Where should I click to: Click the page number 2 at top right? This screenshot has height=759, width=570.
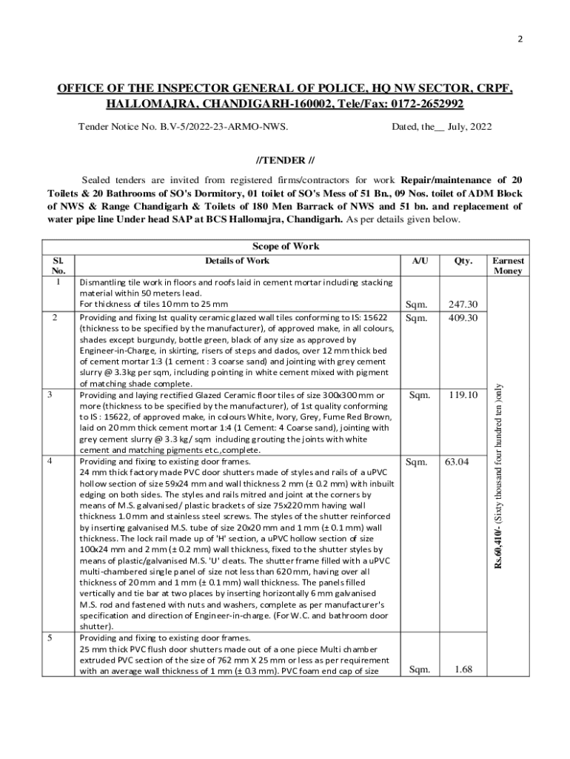coord(520,39)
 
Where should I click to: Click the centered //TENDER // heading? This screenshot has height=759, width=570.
coord(285,160)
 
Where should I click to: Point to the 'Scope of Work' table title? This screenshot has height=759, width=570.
coord(286,247)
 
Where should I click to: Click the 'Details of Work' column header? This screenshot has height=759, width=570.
coord(238,261)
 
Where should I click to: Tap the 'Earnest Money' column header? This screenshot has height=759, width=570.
coord(508,266)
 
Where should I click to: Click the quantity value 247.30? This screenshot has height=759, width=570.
coord(463,304)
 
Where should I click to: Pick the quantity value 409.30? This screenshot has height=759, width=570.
coord(463,317)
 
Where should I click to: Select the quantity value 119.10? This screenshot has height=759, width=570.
coord(463,396)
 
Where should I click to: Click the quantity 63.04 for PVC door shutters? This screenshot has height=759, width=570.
coord(457,462)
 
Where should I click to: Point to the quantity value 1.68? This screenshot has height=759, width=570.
coord(463,670)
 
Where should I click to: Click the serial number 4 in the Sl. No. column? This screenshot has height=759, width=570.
coord(49,461)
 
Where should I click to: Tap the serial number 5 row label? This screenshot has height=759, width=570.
coord(49,637)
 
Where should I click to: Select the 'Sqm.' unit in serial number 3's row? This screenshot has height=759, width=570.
coord(420,396)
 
